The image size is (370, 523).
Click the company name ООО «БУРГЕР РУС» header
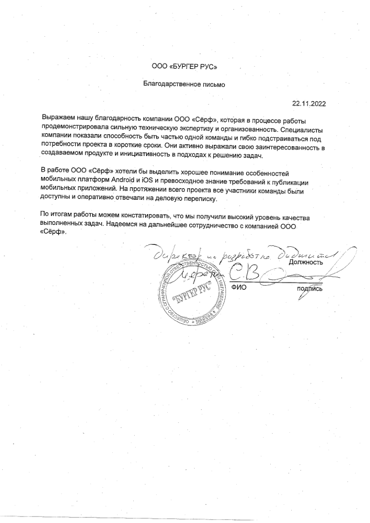[x=185, y=67]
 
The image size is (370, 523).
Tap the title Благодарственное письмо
[x=185, y=85]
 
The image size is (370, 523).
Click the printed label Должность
[x=306, y=262]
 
